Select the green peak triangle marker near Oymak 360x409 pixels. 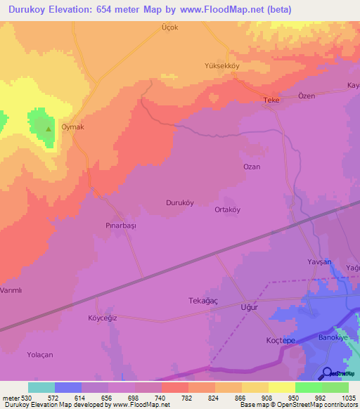click(48, 129)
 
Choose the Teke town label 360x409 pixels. click(271, 100)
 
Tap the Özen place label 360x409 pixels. click(307, 96)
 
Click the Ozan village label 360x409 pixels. click(252, 167)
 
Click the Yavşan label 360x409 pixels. click(319, 261)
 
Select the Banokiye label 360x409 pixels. click(334, 337)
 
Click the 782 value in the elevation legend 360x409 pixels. click(174, 397)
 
